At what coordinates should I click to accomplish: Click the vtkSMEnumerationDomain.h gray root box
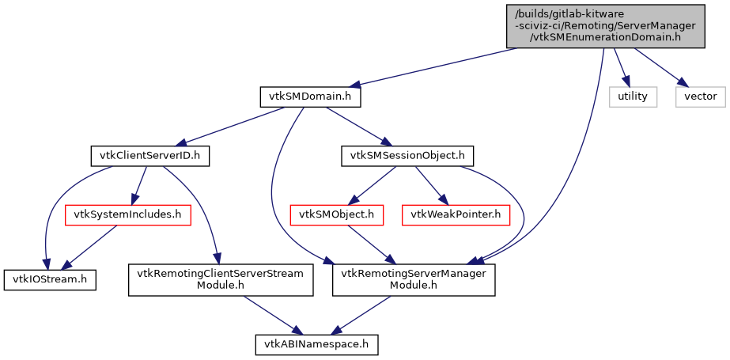[x=604, y=25]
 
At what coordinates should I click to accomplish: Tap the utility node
[x=633, y=97]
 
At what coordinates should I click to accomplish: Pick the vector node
[x=700, y=97]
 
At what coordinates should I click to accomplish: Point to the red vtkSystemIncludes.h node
[x=127, y=214]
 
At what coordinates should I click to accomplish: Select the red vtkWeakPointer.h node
[x=456, y=214]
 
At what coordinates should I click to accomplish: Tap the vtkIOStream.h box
[x=50, y=279]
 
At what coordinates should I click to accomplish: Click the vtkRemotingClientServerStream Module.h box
[x=221, y=279]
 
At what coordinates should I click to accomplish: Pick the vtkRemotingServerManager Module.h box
[x=414, y=279]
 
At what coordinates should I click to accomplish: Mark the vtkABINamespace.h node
[x=317, y=344]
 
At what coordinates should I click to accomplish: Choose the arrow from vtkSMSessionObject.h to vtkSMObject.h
[x=373, y=185]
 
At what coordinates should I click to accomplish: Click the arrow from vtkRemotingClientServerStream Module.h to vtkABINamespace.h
[x=270, y=313]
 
